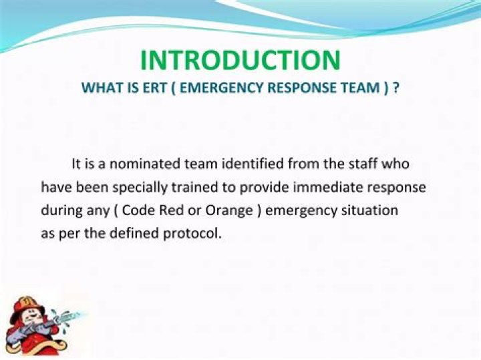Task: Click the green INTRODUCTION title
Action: pos(240,60)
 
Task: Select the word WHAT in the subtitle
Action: pos(98,88)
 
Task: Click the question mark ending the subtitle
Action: pos(395,88)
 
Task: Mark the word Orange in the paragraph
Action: pos(224,211)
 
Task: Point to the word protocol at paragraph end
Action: pos(196,234)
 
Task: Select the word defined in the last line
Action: pos(146,234)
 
